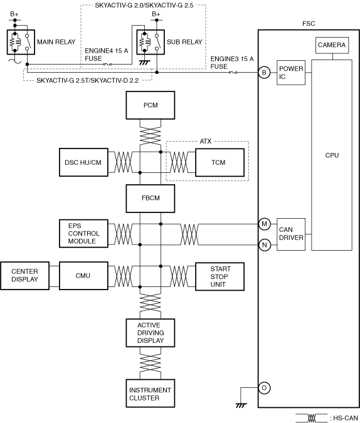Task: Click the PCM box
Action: point(150,105)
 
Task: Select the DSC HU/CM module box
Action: point(83,162)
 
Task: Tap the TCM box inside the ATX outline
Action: point(220,162)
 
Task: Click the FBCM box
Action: point(150,198)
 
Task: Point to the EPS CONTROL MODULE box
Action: point(83,233)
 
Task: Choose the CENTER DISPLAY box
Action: point(24,276)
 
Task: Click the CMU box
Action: point(83,276)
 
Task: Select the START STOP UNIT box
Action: point(220,276)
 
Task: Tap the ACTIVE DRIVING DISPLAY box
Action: point(150,333)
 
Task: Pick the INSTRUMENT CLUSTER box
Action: point(150,394)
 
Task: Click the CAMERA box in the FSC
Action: point(332,45)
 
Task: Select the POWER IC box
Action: point(291,73)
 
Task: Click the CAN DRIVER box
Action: point(291,234)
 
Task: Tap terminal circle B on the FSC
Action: point(264,72)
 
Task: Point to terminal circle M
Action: point(264,224)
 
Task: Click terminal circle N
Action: point(265,245)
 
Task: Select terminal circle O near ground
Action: point(264,388)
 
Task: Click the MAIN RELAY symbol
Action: point(21,42)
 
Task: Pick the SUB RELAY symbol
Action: point(151,42)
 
